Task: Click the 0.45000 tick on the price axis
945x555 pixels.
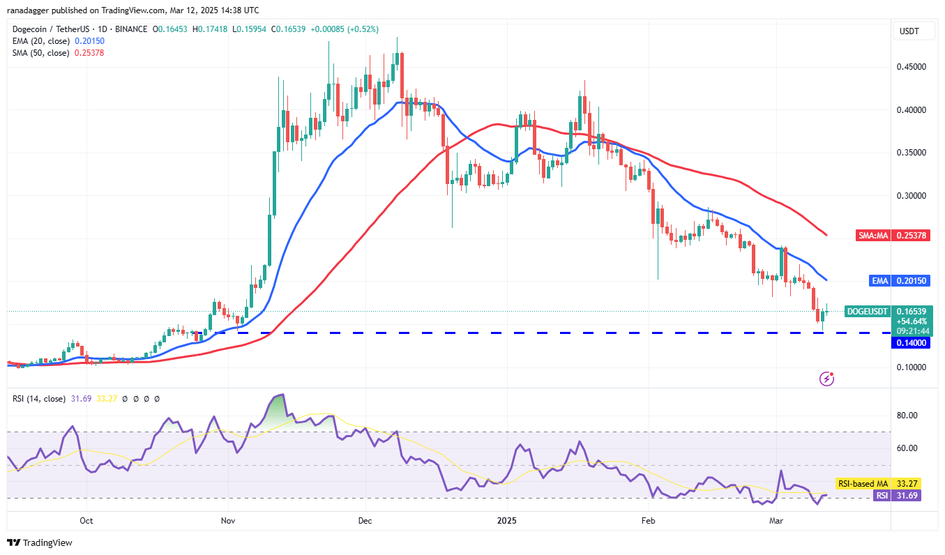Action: tap(912, 67)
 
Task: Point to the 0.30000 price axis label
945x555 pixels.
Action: tap(912, 196)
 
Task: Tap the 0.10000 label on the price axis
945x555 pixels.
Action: tap(912, 367)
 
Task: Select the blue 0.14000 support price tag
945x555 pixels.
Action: tap(912, 343)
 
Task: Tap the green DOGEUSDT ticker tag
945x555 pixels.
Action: tap(867, 311)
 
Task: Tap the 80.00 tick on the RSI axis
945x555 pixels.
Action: tap(907, 416)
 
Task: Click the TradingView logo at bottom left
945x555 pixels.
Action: tap(40, 542)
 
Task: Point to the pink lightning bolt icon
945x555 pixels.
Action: tap(827, 379)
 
